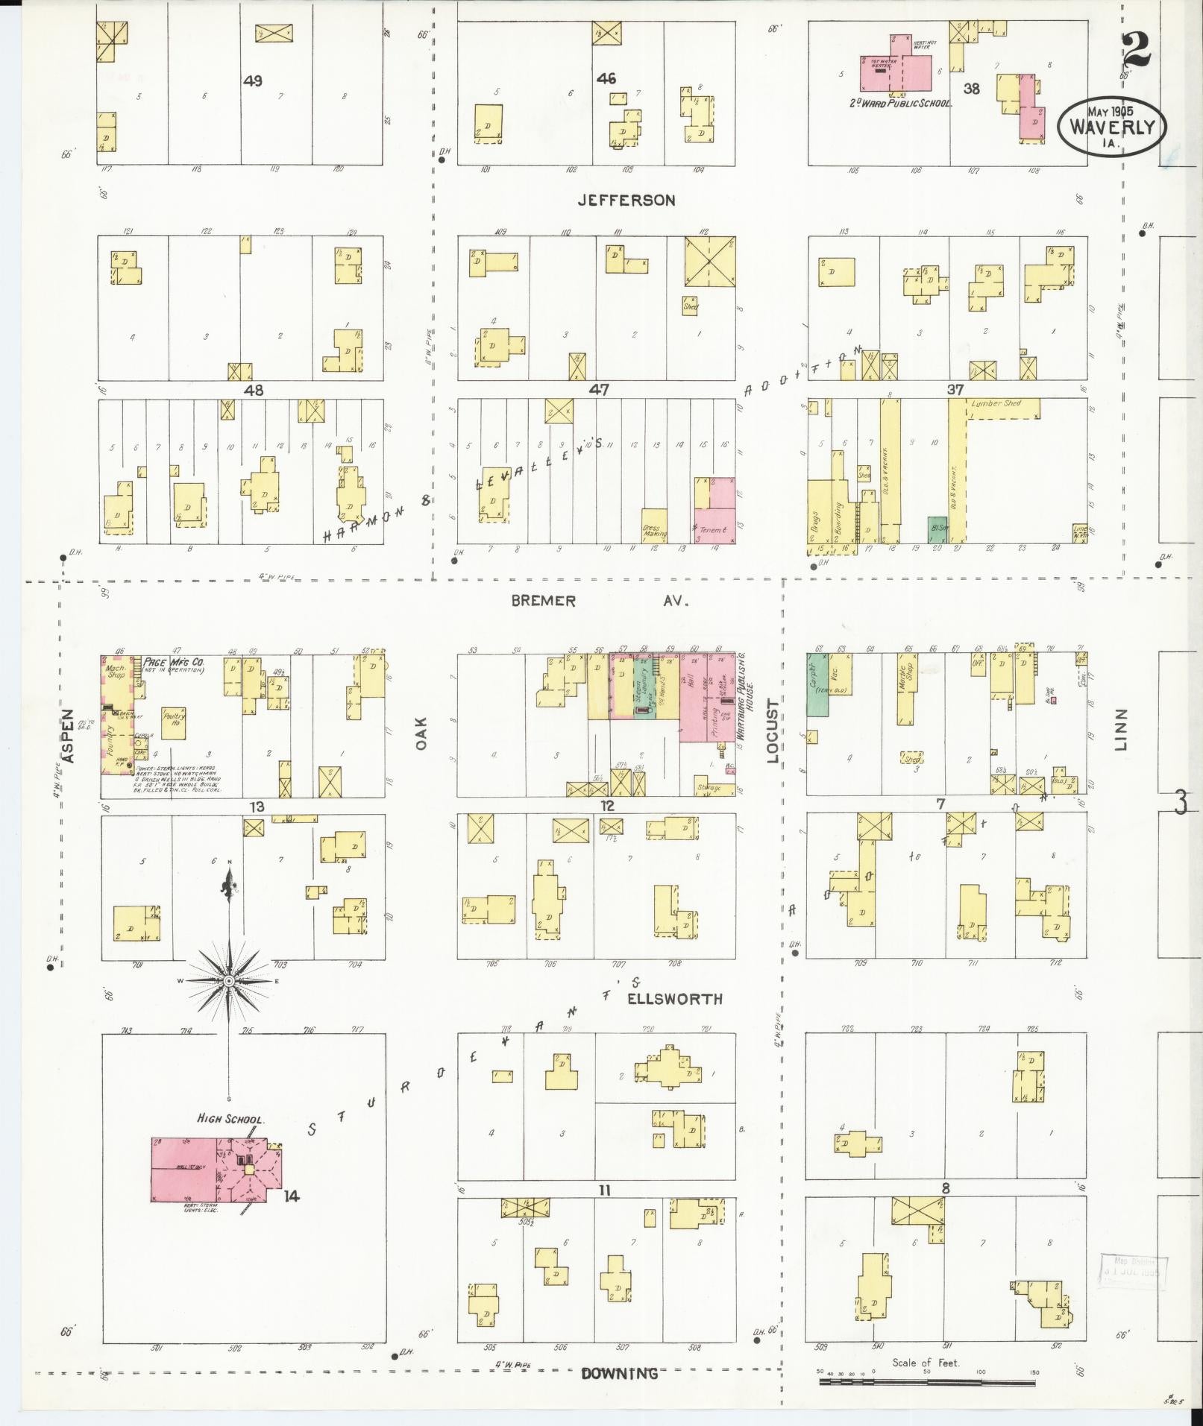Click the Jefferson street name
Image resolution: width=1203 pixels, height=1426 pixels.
[626, 200]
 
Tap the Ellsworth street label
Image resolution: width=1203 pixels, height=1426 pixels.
[674, 999]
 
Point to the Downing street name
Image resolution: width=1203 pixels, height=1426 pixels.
[619, 1373]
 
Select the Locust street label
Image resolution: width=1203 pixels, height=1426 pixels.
[772, 731]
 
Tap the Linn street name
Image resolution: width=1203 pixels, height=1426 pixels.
[1122, 729]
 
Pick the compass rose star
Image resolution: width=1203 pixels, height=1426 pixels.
[229, 982]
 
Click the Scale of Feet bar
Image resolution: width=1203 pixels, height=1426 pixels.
[926, 1381]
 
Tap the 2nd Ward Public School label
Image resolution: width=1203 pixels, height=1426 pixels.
[900, 104]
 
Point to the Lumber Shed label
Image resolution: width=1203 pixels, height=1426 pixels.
[995, 404]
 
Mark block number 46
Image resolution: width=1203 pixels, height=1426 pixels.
[606, 78]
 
